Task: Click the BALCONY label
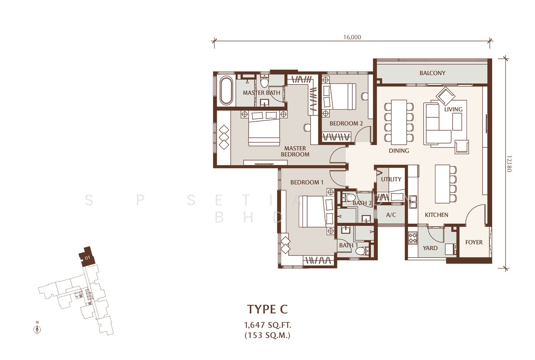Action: click(432, 73)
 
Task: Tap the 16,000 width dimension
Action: click(352, 37)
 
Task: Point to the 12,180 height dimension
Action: click(508, 164)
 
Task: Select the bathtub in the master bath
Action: click(226, 90)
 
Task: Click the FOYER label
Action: click(474, 242)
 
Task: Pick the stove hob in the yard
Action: click(413, 238)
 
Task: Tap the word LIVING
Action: click(453, 110)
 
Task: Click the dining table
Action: click(399, 122)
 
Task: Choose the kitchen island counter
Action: click(442, 184)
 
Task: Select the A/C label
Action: click(391, 215)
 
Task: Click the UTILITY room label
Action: click(391, 179)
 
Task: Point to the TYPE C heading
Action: click(267, 309)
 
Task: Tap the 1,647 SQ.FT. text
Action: click(267, 325)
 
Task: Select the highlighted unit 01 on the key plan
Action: click(87, 256)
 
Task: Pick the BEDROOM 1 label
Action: click(307, 182)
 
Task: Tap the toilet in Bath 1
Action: click(362, 250)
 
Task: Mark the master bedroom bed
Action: click(264, 128)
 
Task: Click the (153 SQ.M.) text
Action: click(267, 335)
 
